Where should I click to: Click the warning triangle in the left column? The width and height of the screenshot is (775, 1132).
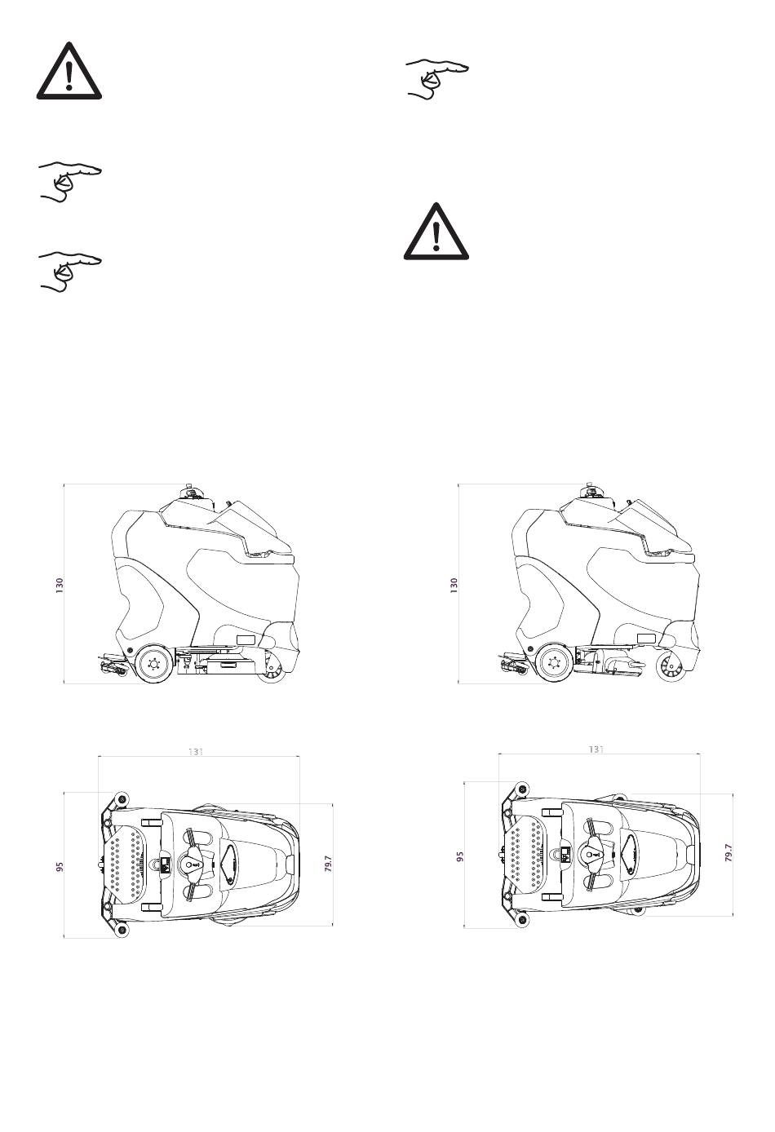(x=69, y=71)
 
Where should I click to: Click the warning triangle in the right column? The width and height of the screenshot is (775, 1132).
(x=436, y=232)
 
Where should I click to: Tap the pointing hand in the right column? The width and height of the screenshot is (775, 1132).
(x=437, y=79)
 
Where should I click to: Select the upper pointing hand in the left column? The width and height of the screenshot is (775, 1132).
(x=70, y=182)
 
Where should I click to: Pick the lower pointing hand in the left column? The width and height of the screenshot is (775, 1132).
(x=70, y=272)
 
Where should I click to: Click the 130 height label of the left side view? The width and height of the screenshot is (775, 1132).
(x=60, y=585)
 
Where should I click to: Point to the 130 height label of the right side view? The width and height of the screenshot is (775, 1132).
(x=454, y=585)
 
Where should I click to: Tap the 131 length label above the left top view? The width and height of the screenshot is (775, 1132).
(x=195, y=751)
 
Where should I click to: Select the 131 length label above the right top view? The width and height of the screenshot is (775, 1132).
(x=596, y=749)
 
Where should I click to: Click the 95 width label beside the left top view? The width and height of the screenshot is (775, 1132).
(x=60, y=867)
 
